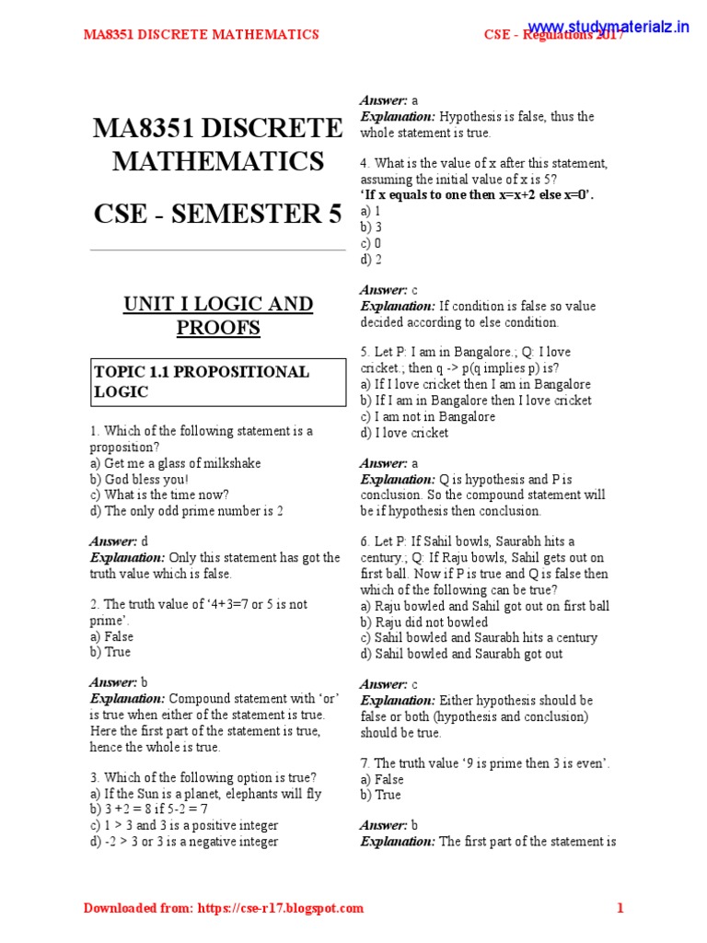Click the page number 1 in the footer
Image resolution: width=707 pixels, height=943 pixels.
click(x=620, y=908)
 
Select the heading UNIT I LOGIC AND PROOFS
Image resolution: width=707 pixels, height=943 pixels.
click(x=218, y=316)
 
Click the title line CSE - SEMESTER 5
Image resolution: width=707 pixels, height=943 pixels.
click(x=217, y=214)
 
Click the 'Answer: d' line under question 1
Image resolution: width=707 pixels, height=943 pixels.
click(x=119, y=541)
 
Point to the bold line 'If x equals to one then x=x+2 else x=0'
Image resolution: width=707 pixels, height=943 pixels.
click(x=477, y=195)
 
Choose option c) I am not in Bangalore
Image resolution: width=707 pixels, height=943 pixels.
click(x=427, y=416)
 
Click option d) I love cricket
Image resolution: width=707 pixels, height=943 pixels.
click(x=404, y=433)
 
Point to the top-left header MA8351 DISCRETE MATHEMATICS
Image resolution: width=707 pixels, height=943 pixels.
click(x=201, y=35)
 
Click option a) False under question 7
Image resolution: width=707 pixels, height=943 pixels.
click(x=382, y=779)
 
